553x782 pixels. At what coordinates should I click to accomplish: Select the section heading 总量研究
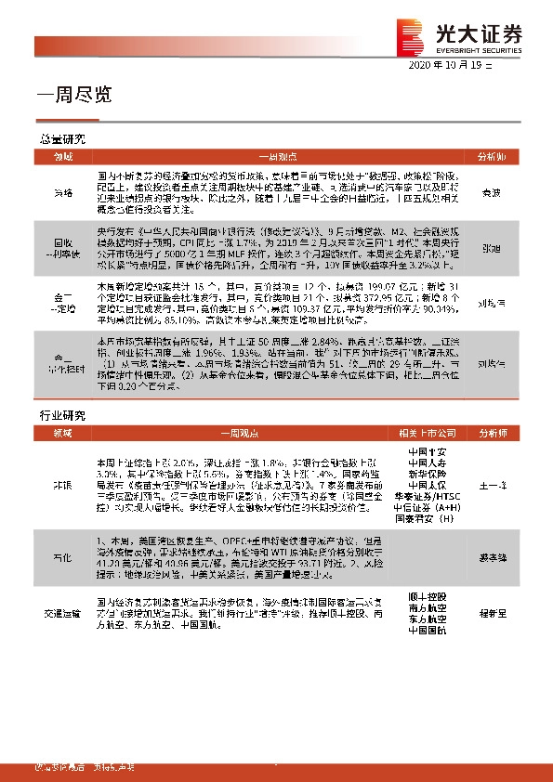pyautogui.click(x=63, y=139)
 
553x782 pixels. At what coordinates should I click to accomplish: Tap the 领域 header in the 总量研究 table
pyautogui.click(x=63, y=157)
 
